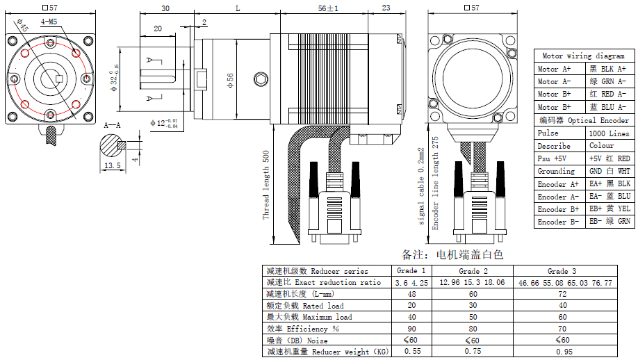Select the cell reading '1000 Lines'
608,133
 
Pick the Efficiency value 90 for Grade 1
411,329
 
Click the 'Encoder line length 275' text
436,183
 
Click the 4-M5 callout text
49,22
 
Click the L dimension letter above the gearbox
238,8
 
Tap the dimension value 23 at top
386,8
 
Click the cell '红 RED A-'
608,94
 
